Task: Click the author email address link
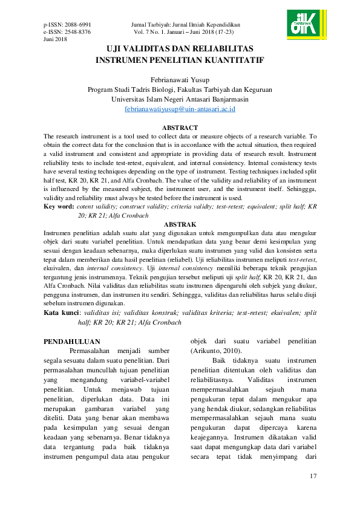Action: pyautogui.click(x=180, y=109)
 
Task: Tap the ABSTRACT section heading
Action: pyautogui.click(x=180, y=128)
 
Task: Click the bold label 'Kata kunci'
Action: pyautogui.click(x=62, y=313)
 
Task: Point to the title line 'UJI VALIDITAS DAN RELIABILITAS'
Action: pyautogui.click(x=180, y=48)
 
